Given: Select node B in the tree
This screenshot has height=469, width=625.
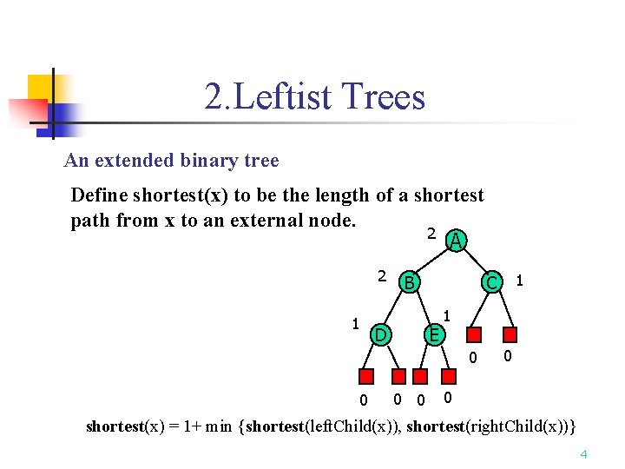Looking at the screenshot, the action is point(409,281).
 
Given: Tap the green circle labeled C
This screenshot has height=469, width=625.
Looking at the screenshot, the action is point(491,281).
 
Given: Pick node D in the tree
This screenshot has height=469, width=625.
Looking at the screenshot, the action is point(379,334).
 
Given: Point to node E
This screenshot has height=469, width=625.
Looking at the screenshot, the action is point(435,334).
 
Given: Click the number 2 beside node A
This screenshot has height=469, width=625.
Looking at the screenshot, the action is point(431,234).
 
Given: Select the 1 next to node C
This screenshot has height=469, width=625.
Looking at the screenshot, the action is point(519,281).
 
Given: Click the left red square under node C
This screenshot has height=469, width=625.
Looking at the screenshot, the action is point(473,334).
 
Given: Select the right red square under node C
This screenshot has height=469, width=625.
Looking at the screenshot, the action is point(511,334).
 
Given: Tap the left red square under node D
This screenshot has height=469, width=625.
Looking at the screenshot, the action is point(366,376).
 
